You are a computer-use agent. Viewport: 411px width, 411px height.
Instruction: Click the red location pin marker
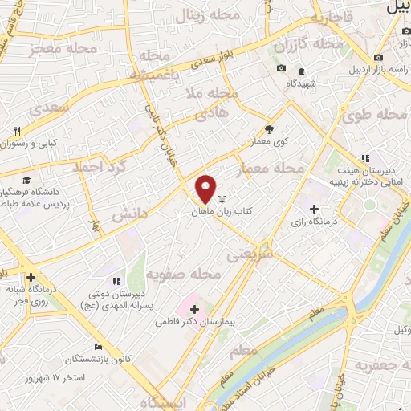[x=206, y=189]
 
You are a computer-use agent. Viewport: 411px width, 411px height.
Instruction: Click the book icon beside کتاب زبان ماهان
[x=222, y=199]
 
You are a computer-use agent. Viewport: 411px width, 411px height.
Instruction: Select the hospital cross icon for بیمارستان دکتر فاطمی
[x=194, y=307]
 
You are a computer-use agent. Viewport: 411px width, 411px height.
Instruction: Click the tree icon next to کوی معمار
[x=269, y=128]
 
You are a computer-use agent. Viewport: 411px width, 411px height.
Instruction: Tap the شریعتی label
[x=250, y=253]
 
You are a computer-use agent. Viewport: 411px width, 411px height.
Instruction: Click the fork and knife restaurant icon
[x=16, y=129]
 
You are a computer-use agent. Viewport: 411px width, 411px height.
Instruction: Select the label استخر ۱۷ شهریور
[x=55, y=376]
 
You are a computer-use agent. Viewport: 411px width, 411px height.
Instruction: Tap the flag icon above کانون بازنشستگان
[x=98, y=347]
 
